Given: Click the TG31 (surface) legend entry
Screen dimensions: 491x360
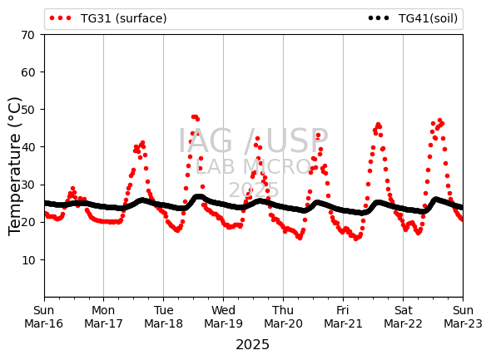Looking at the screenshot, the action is pyautogui.click(x=108, y=18).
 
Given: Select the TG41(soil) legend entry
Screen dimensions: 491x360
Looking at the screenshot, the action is pyautogui.click(x=413, y=18).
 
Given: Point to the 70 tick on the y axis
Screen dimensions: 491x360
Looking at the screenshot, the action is pyautogui.click(x=27, y=35).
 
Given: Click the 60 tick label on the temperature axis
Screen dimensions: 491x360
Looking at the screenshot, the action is pyautogui.click(x=27, y=72).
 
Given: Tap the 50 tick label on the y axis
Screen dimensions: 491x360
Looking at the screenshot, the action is pyautogui.click(x=27, y=110).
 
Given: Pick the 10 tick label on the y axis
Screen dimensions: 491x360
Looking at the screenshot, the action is pyautogui.click(x=27, y=260).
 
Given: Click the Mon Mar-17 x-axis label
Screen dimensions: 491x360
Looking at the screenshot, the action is pyautogui.click(x=103, y=317).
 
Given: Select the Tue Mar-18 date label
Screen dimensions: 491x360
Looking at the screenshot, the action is pyautogui.click(x=163, y=317).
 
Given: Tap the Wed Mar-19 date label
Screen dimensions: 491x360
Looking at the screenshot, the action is pyautogui.click(x=223, y=317).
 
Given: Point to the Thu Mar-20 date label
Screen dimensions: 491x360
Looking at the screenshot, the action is pyautogui.click(x=283, y=317).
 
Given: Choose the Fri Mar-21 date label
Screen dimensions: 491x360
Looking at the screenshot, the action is pyautogui.click(x=343, y=317).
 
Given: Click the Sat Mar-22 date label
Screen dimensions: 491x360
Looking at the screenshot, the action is pyautogui.click(x=403, y=317).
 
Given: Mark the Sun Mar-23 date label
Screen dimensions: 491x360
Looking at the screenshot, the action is pyautogui.click(x=463, y=317).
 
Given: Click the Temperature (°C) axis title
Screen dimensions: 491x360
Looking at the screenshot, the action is pyautogui.click(x=14, y=166).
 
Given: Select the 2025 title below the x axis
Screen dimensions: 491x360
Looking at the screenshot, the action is pyautogui.click(x=252, y=345).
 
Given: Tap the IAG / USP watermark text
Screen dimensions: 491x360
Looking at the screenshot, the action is pyautogui.click(x=253, y=141).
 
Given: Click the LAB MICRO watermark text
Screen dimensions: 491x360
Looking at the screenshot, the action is pyautogui.click(x=253, y=166).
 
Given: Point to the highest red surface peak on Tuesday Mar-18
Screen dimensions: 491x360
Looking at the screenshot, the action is pyautogui.click(x=195, y=117).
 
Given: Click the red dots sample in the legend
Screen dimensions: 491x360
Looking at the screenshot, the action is pyautogui.click(x=61, y=18).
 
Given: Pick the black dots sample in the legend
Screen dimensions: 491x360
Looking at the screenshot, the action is pyautogui.click(x=379, y=18).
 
